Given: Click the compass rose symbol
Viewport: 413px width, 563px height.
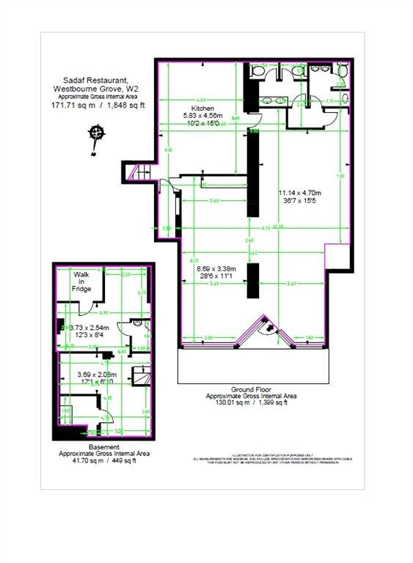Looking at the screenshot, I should coord(95,134).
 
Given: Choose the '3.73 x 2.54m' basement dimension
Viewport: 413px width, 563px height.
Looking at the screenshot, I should coord(89,328).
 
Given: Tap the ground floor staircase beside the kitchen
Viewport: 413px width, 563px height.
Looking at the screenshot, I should coord(136,173).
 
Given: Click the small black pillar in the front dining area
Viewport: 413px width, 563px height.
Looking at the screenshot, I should coord(251,281).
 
